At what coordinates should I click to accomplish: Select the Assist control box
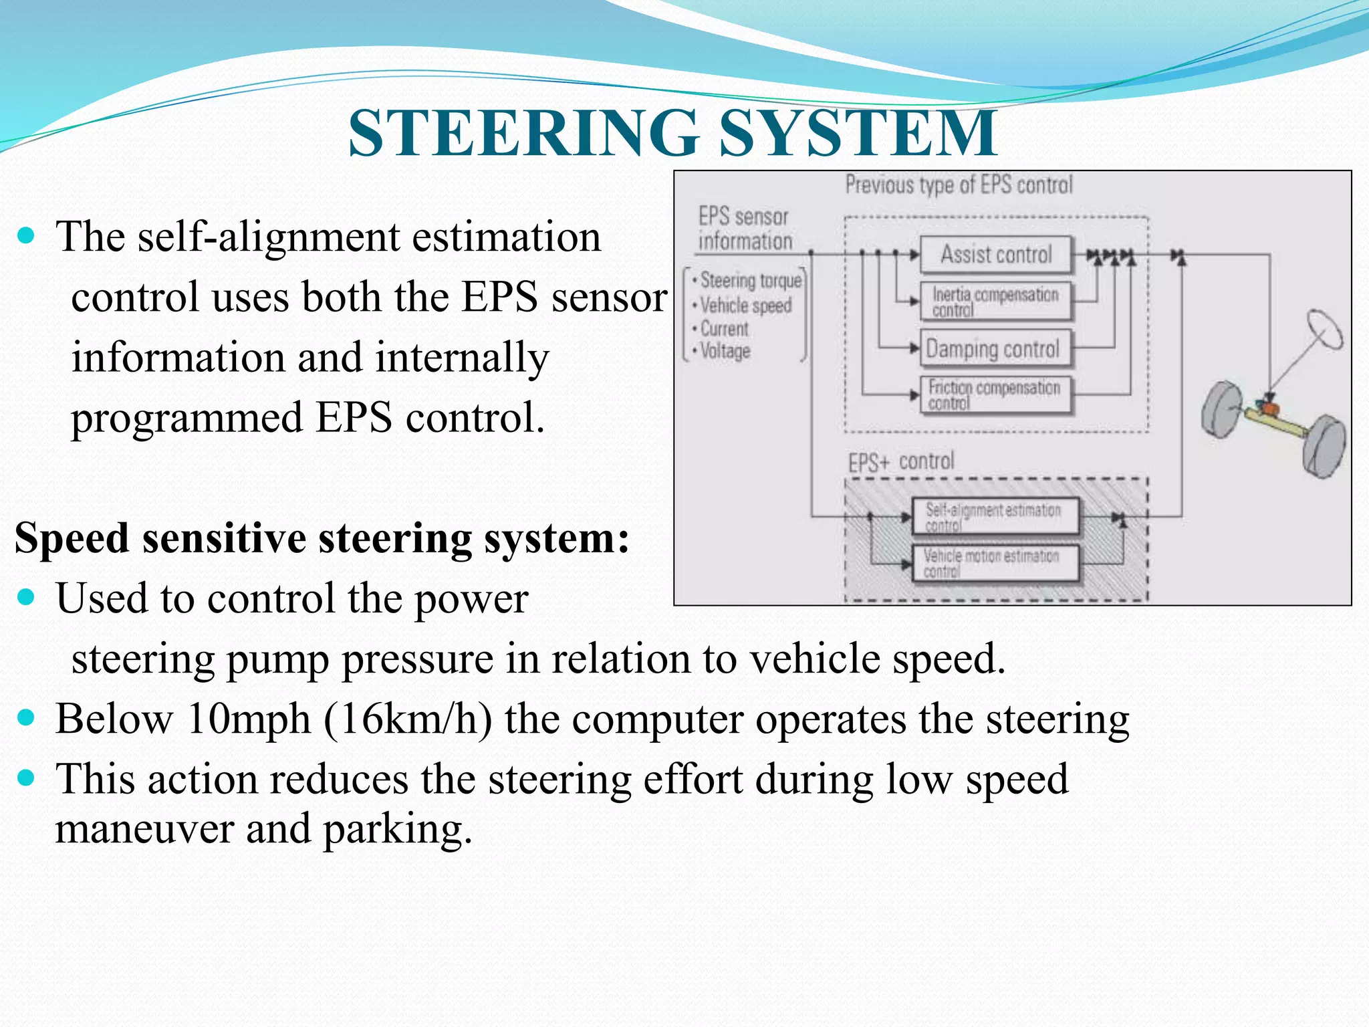tap(996, 255)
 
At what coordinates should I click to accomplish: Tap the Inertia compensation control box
tap(995, 302)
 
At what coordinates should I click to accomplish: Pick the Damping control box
tap(995, 348)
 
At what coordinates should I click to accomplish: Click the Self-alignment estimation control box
tap(995, 516)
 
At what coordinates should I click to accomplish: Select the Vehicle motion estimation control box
tap(995, 563)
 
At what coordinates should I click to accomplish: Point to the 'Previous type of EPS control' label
tap(959, 185)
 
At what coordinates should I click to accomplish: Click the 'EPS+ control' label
tap(901, 462)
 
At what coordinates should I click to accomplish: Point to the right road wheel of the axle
tap(1324, 446)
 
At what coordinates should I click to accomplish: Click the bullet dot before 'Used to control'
tap(26, 596)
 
